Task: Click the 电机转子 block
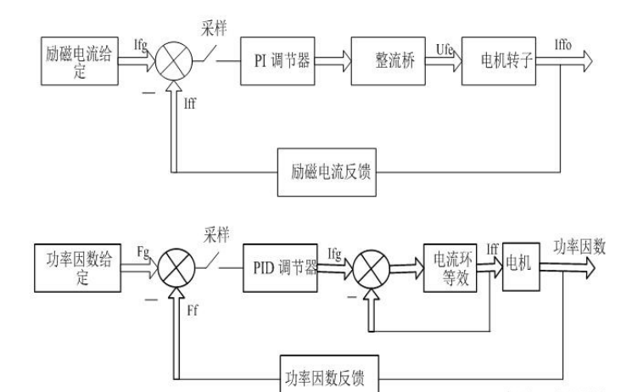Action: pyautogui.click(x=501, y=63)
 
